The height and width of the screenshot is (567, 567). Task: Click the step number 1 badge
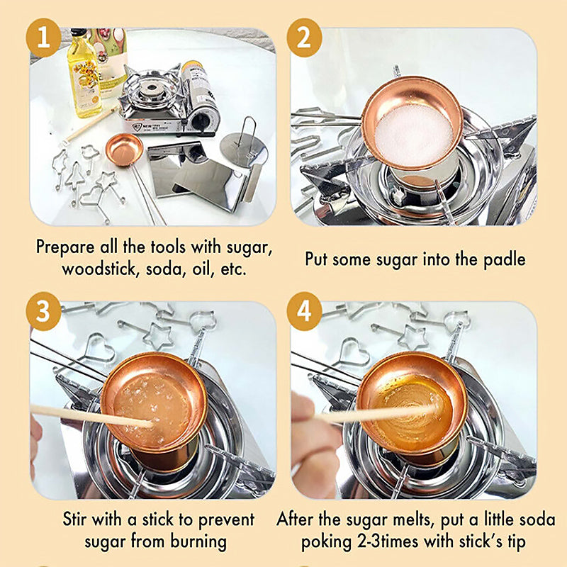tap(43, 38)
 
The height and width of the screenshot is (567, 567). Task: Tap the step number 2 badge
tap(304, 38)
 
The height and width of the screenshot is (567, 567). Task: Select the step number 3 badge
tap(43, 311)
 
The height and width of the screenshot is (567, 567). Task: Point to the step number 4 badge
tap(304, 311)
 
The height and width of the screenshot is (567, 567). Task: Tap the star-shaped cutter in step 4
tap(412, 336)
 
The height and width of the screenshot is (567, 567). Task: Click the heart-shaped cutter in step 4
tap(355, 352)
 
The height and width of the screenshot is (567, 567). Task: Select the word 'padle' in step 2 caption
tap(505, 259)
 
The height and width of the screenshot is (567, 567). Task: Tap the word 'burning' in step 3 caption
tap(198, 541)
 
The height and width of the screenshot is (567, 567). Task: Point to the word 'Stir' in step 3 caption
tap(74, 520)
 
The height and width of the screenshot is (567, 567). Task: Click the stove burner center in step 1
tap(150, 87)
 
